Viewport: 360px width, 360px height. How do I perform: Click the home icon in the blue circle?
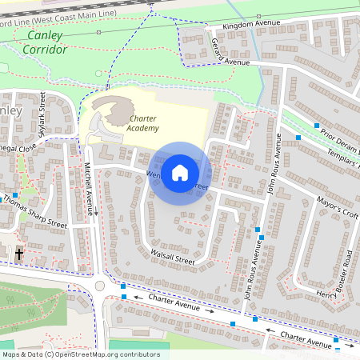(180, 173)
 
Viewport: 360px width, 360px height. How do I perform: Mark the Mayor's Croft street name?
(337, 210)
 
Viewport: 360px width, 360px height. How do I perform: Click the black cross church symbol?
(19, 254)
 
